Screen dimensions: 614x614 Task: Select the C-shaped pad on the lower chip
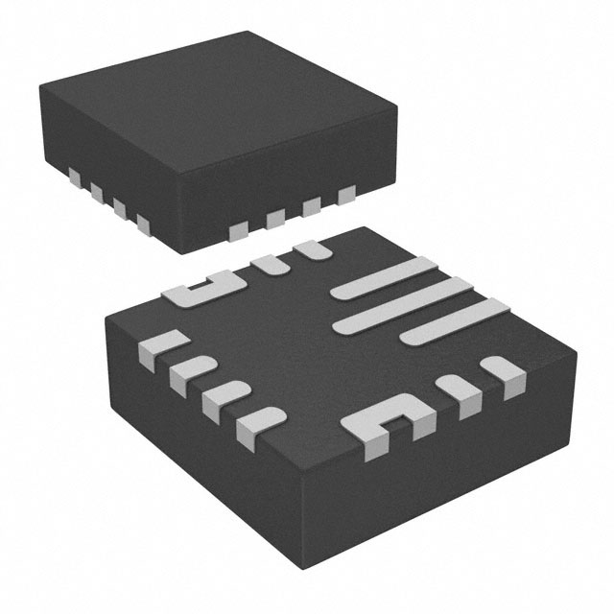(388, 426)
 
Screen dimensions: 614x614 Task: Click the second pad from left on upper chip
(97, 193)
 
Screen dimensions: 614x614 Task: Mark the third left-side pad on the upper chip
(120, 208)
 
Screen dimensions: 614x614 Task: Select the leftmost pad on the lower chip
(155, 345)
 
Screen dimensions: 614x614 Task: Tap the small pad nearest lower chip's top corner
(309, 250)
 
